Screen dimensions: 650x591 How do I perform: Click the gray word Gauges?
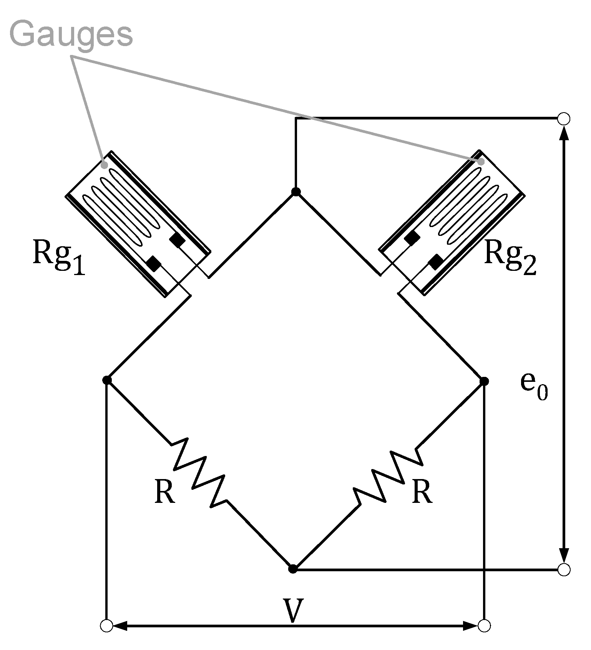71,35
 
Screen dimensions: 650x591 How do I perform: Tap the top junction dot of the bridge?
295,192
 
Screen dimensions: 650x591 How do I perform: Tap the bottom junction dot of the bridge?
293,569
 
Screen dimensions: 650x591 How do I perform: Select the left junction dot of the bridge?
107,380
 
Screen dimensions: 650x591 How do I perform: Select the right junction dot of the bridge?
484,381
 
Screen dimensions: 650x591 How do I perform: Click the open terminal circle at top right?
564,118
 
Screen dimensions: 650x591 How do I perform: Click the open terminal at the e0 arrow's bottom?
564,570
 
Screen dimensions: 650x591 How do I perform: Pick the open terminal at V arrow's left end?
106,626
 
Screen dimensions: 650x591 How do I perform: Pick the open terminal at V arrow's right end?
484,626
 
